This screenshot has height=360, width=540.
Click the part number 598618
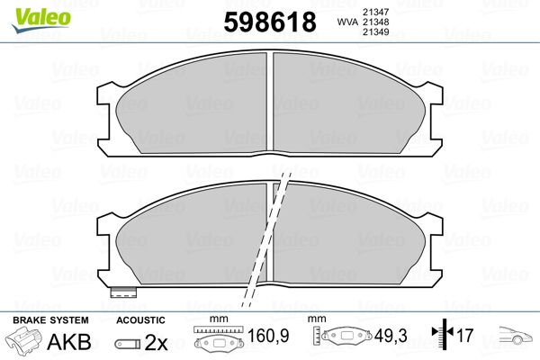270,22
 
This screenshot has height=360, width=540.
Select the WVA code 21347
375,12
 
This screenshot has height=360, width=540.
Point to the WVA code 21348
375,22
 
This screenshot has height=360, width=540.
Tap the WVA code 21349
375,32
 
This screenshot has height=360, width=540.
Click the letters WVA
347,22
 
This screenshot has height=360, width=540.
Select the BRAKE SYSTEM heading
50,320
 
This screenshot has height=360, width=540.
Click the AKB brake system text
69,342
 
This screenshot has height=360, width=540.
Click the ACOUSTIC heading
140,320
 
